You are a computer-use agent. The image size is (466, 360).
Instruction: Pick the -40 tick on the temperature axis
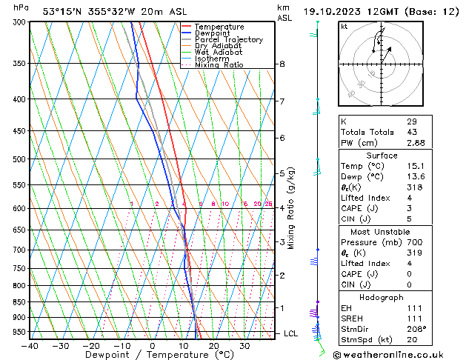(x=30, y=345)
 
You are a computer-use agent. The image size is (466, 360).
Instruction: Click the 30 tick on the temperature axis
(x=244, y=345)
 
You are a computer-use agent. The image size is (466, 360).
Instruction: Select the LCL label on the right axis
(x=291, y=333)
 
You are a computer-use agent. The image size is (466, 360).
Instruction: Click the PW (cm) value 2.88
(x=415, y=143)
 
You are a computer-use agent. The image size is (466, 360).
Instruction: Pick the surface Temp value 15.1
(x=415, y=167)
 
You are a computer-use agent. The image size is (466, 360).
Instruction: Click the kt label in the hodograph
(x=344, y=27)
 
